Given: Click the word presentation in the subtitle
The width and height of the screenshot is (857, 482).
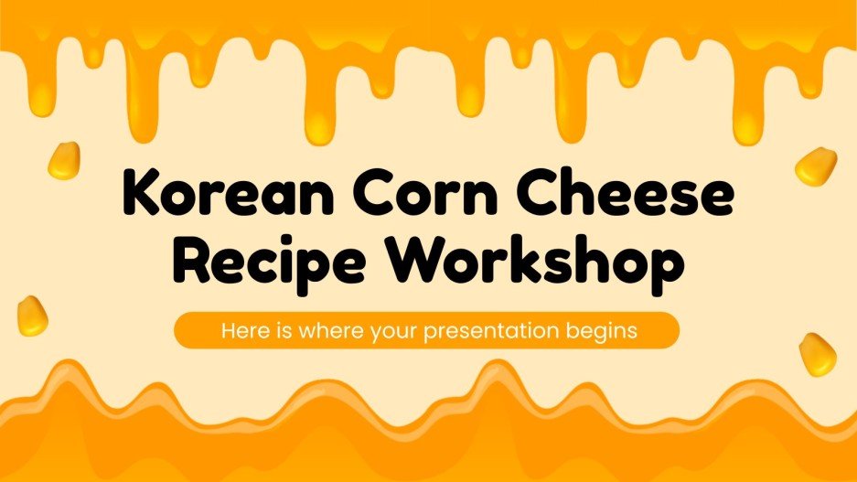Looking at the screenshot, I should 488,330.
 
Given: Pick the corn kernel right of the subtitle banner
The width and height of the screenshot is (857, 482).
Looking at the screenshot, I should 817,353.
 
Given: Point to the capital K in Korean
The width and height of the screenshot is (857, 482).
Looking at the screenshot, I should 140,197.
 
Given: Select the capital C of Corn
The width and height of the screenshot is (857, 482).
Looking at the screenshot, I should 360,197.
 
